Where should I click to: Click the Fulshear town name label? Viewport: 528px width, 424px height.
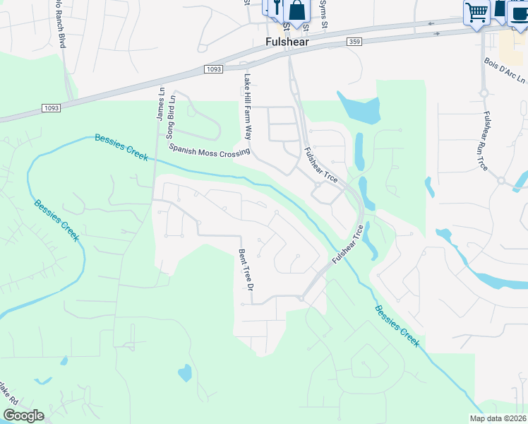(285, 42)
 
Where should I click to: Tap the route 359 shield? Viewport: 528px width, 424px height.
(355, 42)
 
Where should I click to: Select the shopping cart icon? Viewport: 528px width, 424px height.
(476, 12)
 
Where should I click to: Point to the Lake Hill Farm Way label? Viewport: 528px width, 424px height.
(248, 106)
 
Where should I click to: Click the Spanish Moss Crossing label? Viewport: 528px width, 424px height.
(209, 150)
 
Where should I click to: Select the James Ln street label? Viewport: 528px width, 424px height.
(161, 105)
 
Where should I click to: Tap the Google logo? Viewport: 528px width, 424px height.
(23, 415)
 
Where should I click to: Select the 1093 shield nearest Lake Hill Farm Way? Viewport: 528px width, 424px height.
(215, 69)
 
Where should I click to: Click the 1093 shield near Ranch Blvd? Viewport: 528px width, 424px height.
(52, 107)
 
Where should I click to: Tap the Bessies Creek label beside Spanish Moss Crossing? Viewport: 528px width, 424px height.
(121, 147)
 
